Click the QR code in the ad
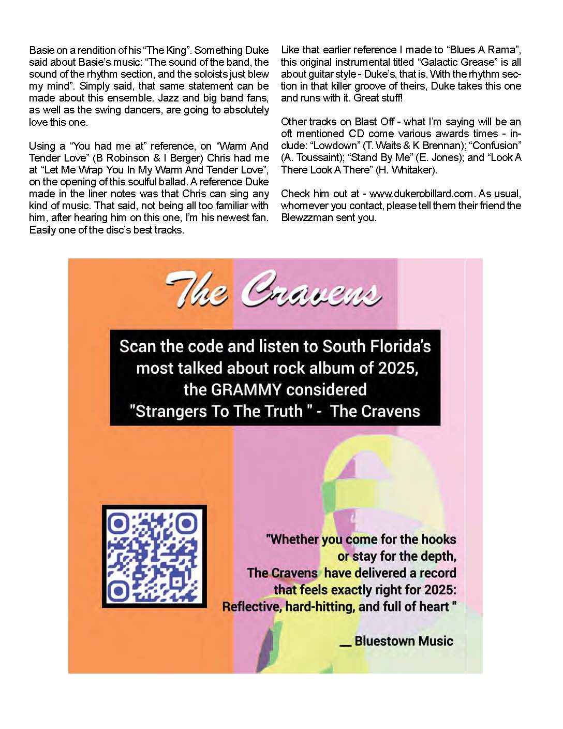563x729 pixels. click(154, 556)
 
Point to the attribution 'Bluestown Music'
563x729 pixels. click(404, 641)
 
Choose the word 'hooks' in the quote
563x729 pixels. click(438, 539)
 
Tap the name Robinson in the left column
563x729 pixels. click(127, 158)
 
